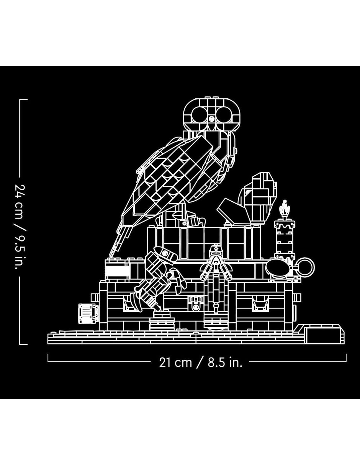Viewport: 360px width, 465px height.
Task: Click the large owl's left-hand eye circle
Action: tap(200, 114)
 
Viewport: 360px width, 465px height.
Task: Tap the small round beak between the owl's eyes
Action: tap(212, 118)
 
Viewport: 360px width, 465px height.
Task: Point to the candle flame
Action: tap(285, 207)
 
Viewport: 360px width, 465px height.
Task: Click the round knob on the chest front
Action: tap(195, 307)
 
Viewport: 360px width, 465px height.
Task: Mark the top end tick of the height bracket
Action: tap(23, 100)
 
